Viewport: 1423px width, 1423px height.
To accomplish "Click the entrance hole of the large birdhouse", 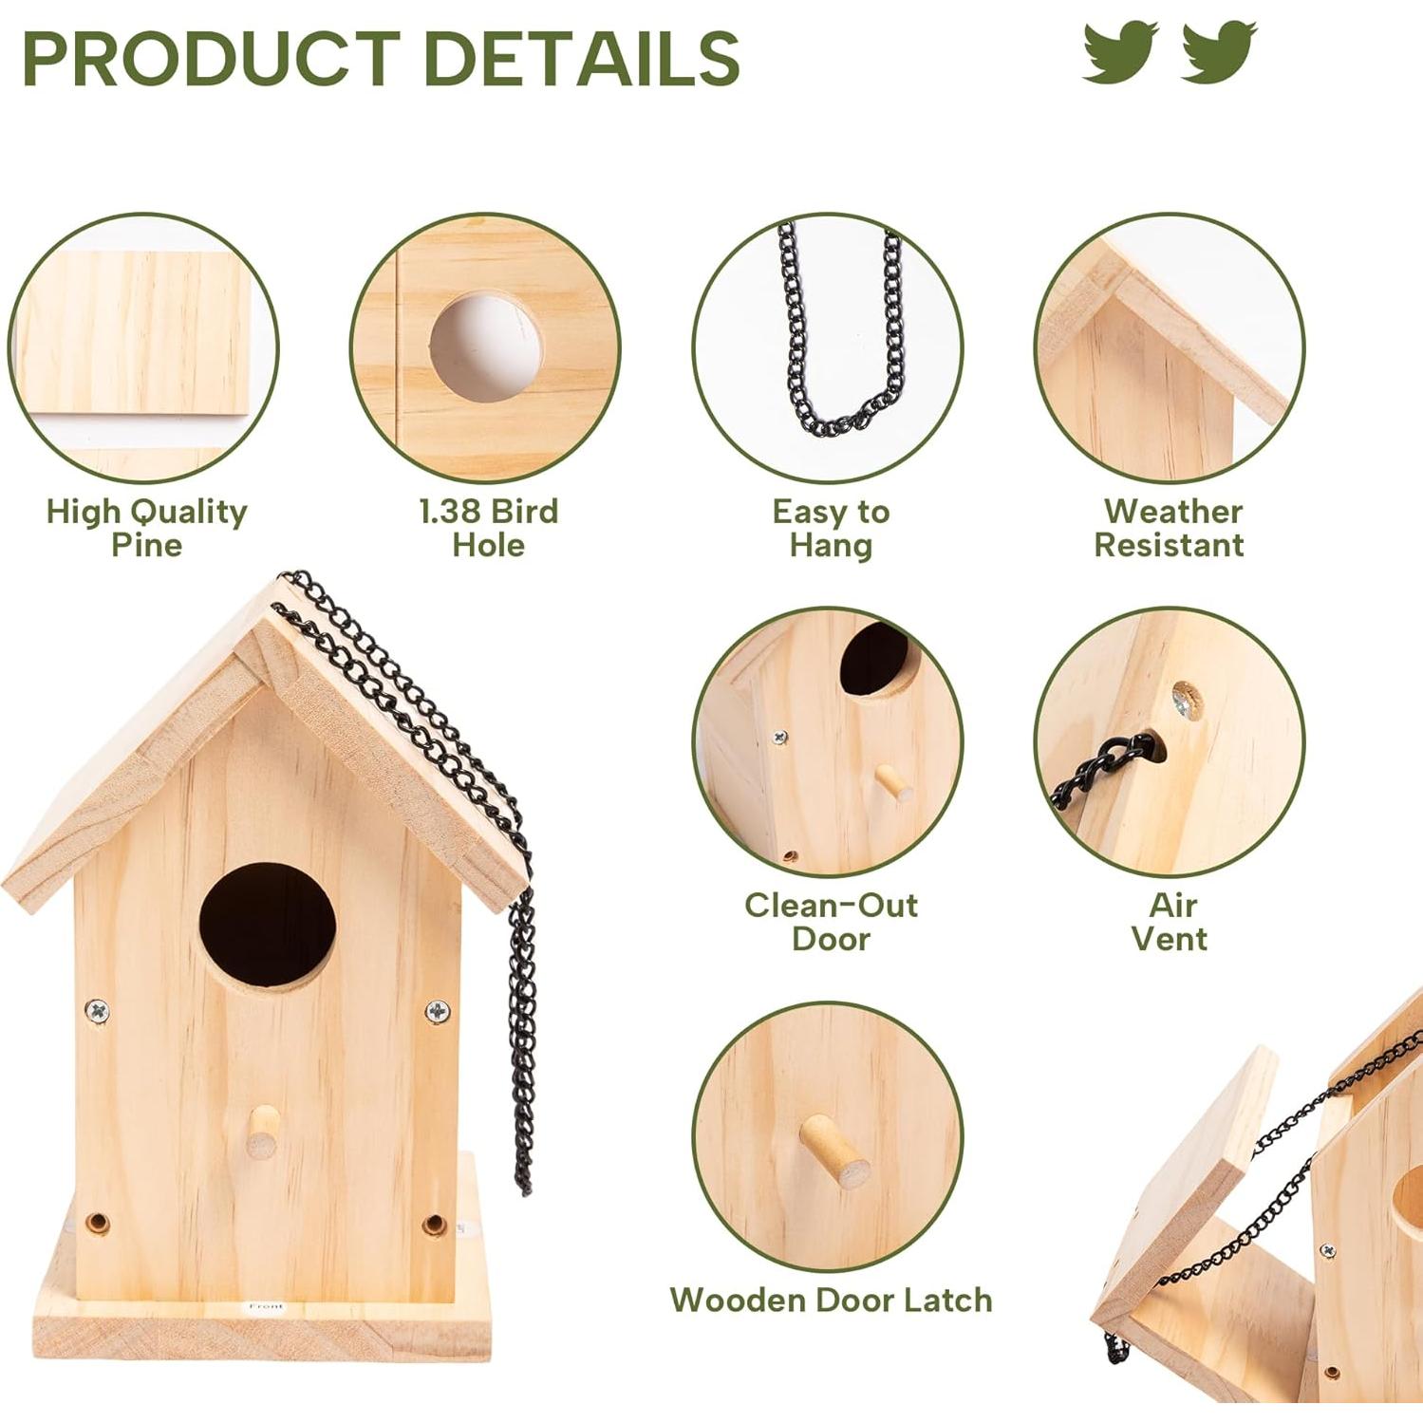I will click(x=268, y=926).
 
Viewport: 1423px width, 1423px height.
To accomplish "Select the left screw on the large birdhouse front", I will click(x=97, y=1011).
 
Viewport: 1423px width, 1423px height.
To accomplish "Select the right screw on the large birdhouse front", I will click(x=437, y=1012).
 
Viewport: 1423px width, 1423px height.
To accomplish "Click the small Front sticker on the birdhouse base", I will click(x=266, y=1306).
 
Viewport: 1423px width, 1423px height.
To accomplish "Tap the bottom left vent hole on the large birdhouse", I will click(x=96, y=1223).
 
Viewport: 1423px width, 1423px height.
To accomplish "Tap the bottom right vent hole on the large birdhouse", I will click(x=434, y=1225).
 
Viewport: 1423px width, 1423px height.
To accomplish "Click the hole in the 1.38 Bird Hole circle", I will click(x=486, y=347).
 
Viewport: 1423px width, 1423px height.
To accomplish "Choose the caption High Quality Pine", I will click(x=146, y=528).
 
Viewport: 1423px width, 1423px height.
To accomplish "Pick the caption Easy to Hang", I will click(x=831, y=528).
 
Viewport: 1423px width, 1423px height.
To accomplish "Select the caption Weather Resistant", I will click(x=1170, y=528).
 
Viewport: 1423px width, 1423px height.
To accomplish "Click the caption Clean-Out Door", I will click(x=831, y=922).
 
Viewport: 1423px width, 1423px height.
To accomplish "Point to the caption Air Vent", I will click(x=1170, y=922).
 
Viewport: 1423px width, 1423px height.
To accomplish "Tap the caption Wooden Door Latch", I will click(x=831, y=1300).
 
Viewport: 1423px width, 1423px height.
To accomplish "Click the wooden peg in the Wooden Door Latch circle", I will click(x=833, y=1150).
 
